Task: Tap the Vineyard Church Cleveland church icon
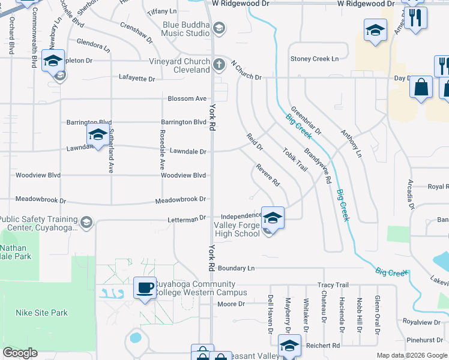pos(219,64)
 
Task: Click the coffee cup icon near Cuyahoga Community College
pos(144,287)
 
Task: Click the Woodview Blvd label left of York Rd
pos(184,175)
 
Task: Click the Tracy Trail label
pos(333,285)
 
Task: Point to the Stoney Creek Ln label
pos(315,59)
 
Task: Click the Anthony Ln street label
pos(351,143)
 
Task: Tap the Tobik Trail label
pos(295,160)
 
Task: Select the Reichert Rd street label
pos(322,346)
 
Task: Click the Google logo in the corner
pos(20,353)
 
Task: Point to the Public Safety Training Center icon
pos(86,223)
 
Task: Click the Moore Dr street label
pos(231,304)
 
